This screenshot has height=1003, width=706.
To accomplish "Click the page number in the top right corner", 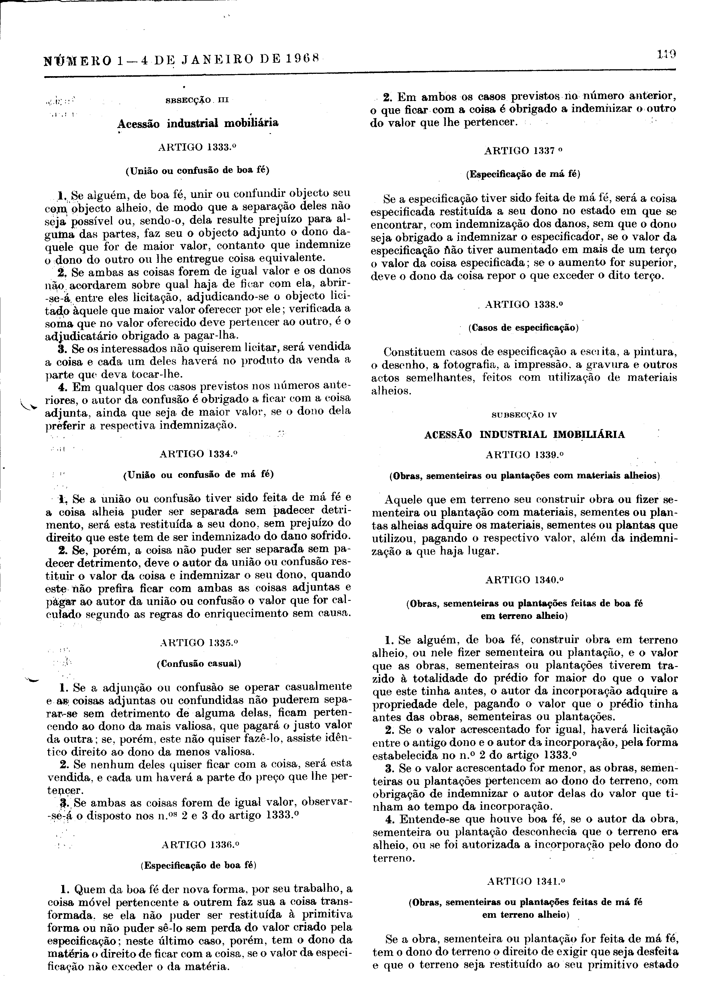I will click(666, 55).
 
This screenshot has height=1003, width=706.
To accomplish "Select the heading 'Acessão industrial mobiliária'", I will click(198, 123).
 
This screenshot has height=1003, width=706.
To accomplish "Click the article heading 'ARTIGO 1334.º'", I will click(198, 453).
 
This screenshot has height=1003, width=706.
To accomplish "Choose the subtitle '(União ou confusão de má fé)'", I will click(198, 474).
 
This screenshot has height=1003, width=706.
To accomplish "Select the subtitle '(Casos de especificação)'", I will click(523, 328).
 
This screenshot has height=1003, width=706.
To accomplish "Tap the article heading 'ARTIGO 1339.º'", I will click(524, 455).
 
